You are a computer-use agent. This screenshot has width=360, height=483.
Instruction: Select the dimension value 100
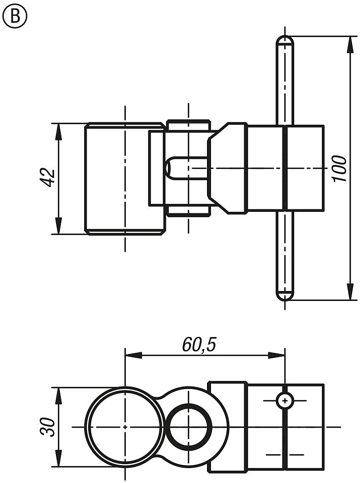point(340,168)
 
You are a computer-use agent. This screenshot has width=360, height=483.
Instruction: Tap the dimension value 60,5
point(199,345)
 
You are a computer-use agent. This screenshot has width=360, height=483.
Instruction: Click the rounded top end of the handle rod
point(285,40)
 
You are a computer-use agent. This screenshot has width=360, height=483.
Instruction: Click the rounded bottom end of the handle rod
point(285,295)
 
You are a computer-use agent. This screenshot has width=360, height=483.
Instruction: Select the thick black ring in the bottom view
point(189,427)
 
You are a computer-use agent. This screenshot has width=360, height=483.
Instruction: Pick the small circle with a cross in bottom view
point(285,400)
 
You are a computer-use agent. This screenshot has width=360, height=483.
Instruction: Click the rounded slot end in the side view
point(169,168)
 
